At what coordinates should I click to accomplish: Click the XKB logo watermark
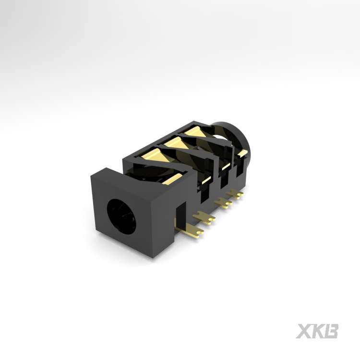pyautogui.click(x=317, y=331)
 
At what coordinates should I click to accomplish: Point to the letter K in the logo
pyautogui.click(x=318, y=331)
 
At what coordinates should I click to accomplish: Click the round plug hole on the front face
pyautogui.click(x=121, y=216)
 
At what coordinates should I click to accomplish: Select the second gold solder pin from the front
pyautogui.click(x=204, y=217)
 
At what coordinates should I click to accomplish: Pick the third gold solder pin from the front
pyautogui.click(x=223, y=203)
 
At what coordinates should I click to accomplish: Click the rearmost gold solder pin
pyautogui.click(x=235, y=193)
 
